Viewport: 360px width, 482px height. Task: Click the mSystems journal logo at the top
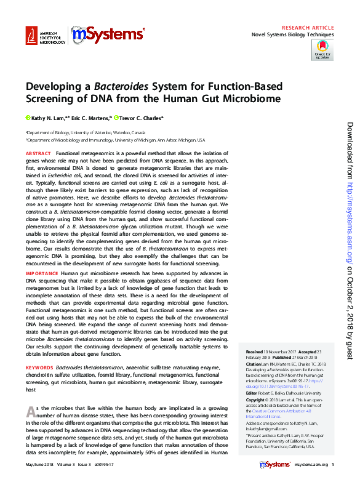tap(108, 36)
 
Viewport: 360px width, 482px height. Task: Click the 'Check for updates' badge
tap(322, 50)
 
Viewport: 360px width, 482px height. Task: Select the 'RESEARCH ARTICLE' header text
tap(308, 28)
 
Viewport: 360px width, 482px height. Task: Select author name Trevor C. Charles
tap(141, 118)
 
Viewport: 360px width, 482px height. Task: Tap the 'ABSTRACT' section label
tap(38, 153)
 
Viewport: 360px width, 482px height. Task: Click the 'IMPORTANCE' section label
tap(42, 272)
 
